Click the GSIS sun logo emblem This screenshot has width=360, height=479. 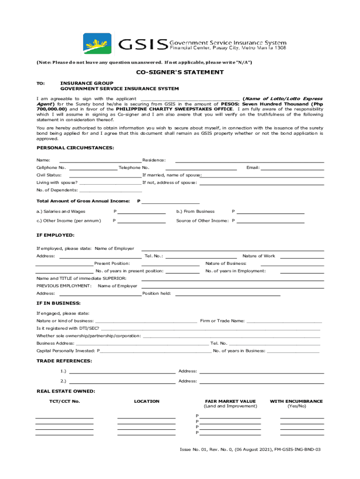pos(97,44)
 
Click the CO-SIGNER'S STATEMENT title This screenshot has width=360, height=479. pos(180,73)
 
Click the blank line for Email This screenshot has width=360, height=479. pos(292,168)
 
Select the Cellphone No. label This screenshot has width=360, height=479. pos(51,168)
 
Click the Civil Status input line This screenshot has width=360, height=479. pos(105,175)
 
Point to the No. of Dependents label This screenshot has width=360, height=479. pos(57,190)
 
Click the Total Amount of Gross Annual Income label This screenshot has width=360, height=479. pos(83,201)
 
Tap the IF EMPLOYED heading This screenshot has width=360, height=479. pos(55,235)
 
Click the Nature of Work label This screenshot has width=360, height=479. pos(259,256)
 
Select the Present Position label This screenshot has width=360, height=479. pos(112,264)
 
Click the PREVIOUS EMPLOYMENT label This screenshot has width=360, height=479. pos(64,286)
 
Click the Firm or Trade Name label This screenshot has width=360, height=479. pos(222,321)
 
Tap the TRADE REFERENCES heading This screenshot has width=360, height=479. pos(64,361)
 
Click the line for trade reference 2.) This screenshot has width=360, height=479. pos(122,381)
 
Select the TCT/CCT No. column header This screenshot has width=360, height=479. pos(65,401)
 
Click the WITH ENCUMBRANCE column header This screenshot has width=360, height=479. pos(296,401)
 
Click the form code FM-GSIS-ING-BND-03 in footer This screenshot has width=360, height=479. pos(297,450)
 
